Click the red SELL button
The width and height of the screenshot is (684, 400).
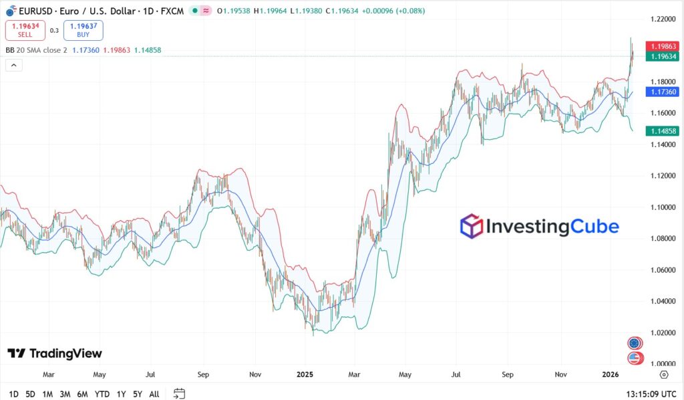click(x=25, y=30)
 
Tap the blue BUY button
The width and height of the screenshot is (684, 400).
click(x=83, y=30)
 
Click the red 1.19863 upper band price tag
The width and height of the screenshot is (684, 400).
click(x=663, y=46)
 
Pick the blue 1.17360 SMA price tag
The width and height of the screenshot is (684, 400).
click(x=663, y=92)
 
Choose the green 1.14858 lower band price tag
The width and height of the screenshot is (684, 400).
click(x=663, y=131)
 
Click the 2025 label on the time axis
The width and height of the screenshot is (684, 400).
click(x=305, y=375)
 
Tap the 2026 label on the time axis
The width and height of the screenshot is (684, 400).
click(x=611, y=375)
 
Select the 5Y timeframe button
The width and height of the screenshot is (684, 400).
click(x=137, y=394)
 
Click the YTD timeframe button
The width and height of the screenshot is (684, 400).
click(x=102, y=394)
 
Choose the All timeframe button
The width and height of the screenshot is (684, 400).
click(x=154, y=394)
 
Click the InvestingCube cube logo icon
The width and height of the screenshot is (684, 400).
click(x=472, y=226)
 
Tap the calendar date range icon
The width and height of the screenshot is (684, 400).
click(x=179, y=394)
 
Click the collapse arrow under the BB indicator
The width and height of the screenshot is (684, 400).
click(x=13, y=65)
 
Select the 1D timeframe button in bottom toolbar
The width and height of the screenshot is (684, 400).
click(x=14, y=394)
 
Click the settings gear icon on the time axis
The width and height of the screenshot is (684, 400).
click(x=663, y=375)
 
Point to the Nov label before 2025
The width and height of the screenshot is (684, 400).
click(x=254, y=375)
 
